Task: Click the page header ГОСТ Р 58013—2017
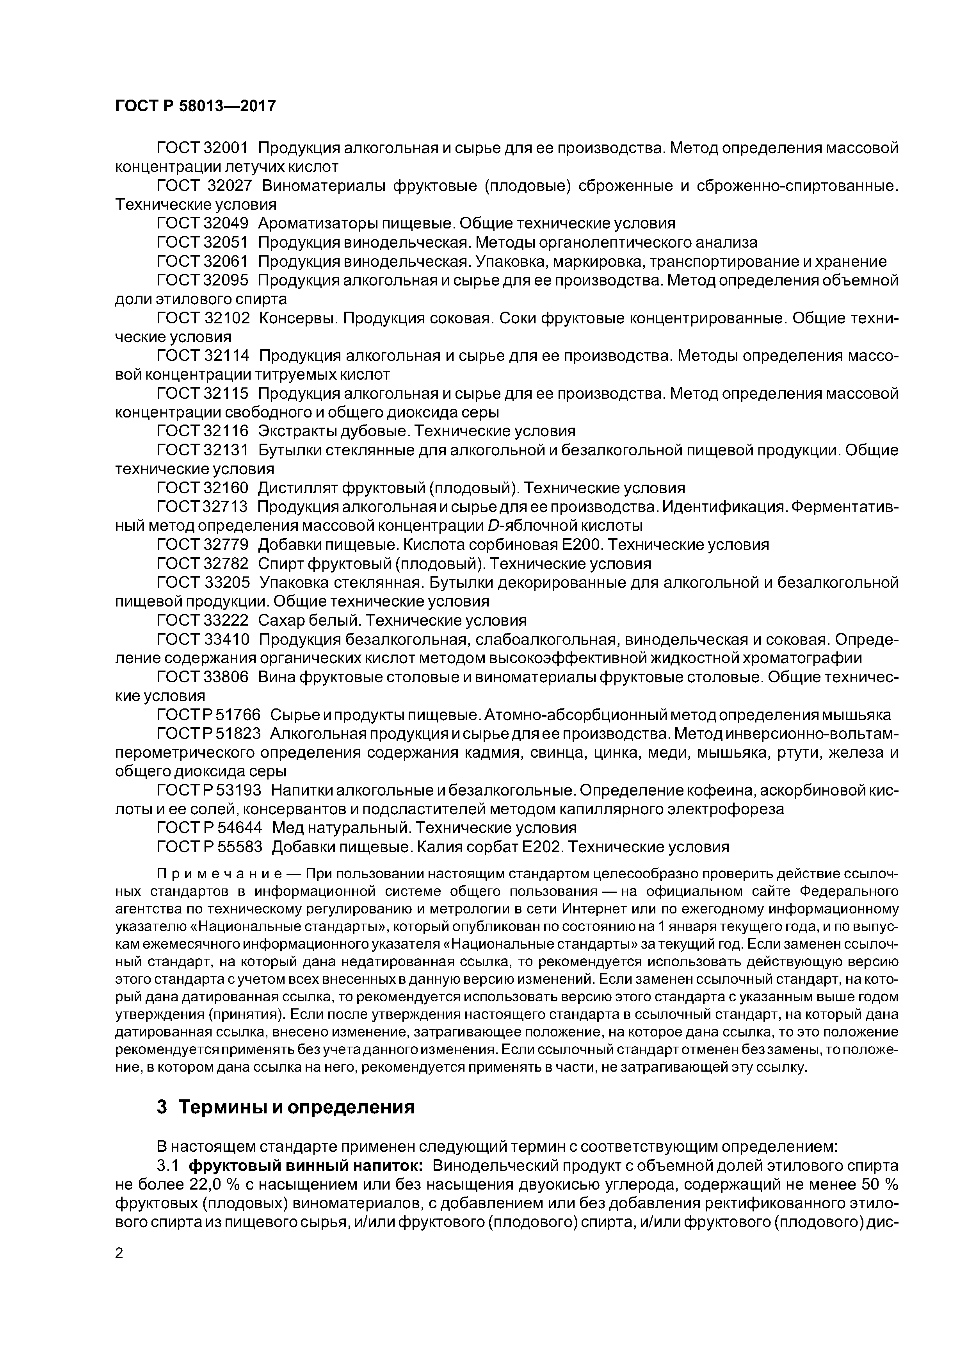(195, 106)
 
